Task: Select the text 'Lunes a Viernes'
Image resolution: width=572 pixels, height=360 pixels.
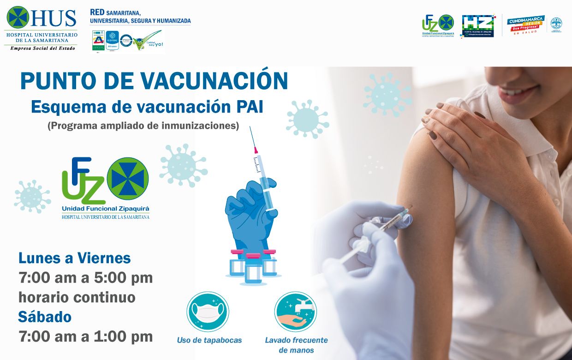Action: coord(75,258)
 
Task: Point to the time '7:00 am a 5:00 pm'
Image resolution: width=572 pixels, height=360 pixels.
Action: coord(86,278)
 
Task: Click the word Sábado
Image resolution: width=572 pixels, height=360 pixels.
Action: coord(45,317)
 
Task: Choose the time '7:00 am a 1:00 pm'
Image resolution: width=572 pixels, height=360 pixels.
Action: coord(86,336)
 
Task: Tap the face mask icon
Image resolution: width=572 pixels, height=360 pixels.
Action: coord(208,312)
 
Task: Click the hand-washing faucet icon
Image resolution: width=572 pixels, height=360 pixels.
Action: coord(295,312)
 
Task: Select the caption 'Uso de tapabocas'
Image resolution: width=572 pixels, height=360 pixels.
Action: coord(209,340)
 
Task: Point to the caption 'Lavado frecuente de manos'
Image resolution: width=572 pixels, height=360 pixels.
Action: coord(296,345)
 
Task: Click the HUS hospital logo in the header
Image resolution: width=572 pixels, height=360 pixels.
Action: coord(41,28)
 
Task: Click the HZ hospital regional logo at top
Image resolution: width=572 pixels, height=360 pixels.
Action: coord(478,25)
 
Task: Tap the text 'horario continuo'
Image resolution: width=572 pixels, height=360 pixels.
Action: coord(77,297)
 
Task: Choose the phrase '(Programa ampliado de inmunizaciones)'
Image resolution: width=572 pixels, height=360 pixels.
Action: coord(143,126)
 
